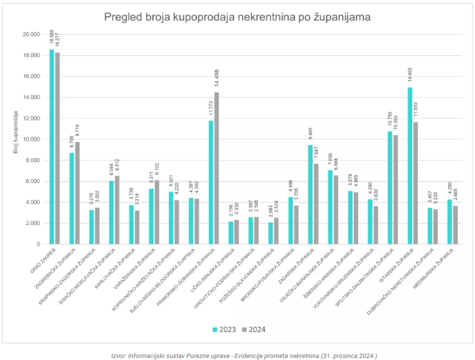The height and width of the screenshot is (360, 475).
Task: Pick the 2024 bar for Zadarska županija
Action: (316, 204)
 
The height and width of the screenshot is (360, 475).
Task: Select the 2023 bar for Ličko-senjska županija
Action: (231, 232)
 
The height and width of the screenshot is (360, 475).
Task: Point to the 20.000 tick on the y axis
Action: (32, 34)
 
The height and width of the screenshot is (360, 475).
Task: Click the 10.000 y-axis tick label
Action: (32, 139)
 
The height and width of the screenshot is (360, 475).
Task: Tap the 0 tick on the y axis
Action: (39, 244)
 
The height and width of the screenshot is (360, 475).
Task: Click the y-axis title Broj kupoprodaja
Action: (15, 132)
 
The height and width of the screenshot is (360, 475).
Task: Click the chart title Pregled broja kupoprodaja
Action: (237, 17)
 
